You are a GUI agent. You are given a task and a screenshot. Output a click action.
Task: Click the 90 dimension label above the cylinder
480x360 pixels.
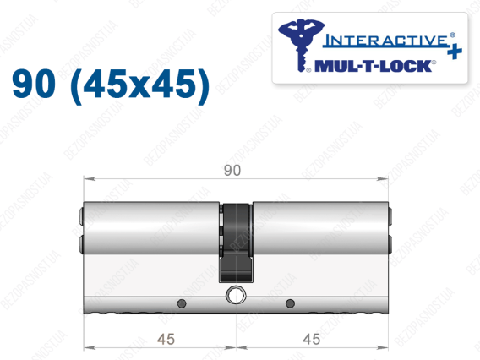(232, 170)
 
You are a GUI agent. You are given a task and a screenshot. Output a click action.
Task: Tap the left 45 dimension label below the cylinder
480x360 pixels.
(166, 339)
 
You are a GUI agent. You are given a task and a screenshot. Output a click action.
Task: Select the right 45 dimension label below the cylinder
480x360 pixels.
(312, 339)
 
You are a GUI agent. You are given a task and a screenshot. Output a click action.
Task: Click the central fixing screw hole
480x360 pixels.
(236, 295)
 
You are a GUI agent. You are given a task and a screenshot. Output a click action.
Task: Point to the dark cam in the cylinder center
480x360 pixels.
(237, 243)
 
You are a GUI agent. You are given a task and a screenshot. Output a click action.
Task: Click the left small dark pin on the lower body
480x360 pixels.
(182, 303)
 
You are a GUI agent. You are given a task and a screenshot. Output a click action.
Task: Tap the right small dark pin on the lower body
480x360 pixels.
(290, 303)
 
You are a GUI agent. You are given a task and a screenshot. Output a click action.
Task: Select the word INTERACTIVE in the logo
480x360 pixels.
(385, 40)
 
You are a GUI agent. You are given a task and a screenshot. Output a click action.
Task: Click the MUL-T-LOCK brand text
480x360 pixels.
(374, 66)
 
